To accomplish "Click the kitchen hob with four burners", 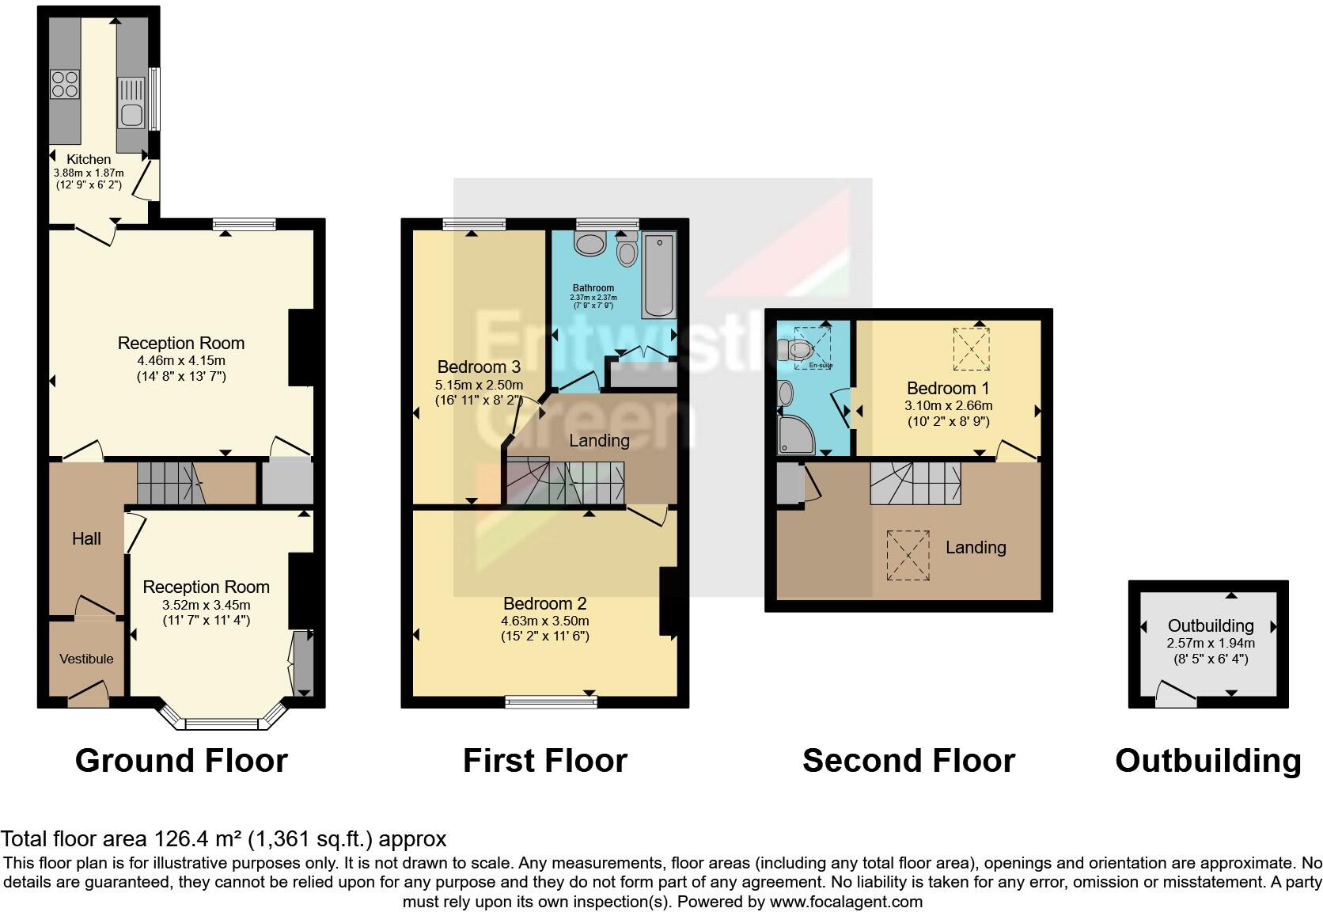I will pos(65,84).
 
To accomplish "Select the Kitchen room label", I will pos(88,159).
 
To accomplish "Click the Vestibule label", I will pos(86,659).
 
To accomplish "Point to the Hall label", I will pos(86,539).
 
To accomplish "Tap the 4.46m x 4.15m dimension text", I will pos(181,361).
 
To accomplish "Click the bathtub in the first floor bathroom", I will pos(659,275).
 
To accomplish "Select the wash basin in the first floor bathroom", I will pos(589,244).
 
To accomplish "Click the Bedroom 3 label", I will pos(479,367).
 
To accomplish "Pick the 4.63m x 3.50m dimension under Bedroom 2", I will pos(544,621).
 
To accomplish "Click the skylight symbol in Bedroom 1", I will pos(971,349).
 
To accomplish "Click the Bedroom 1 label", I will pos(948,388).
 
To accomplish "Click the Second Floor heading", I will pos(908,761).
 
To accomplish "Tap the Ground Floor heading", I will pos(181,761).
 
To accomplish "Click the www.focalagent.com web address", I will pos(846,902).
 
